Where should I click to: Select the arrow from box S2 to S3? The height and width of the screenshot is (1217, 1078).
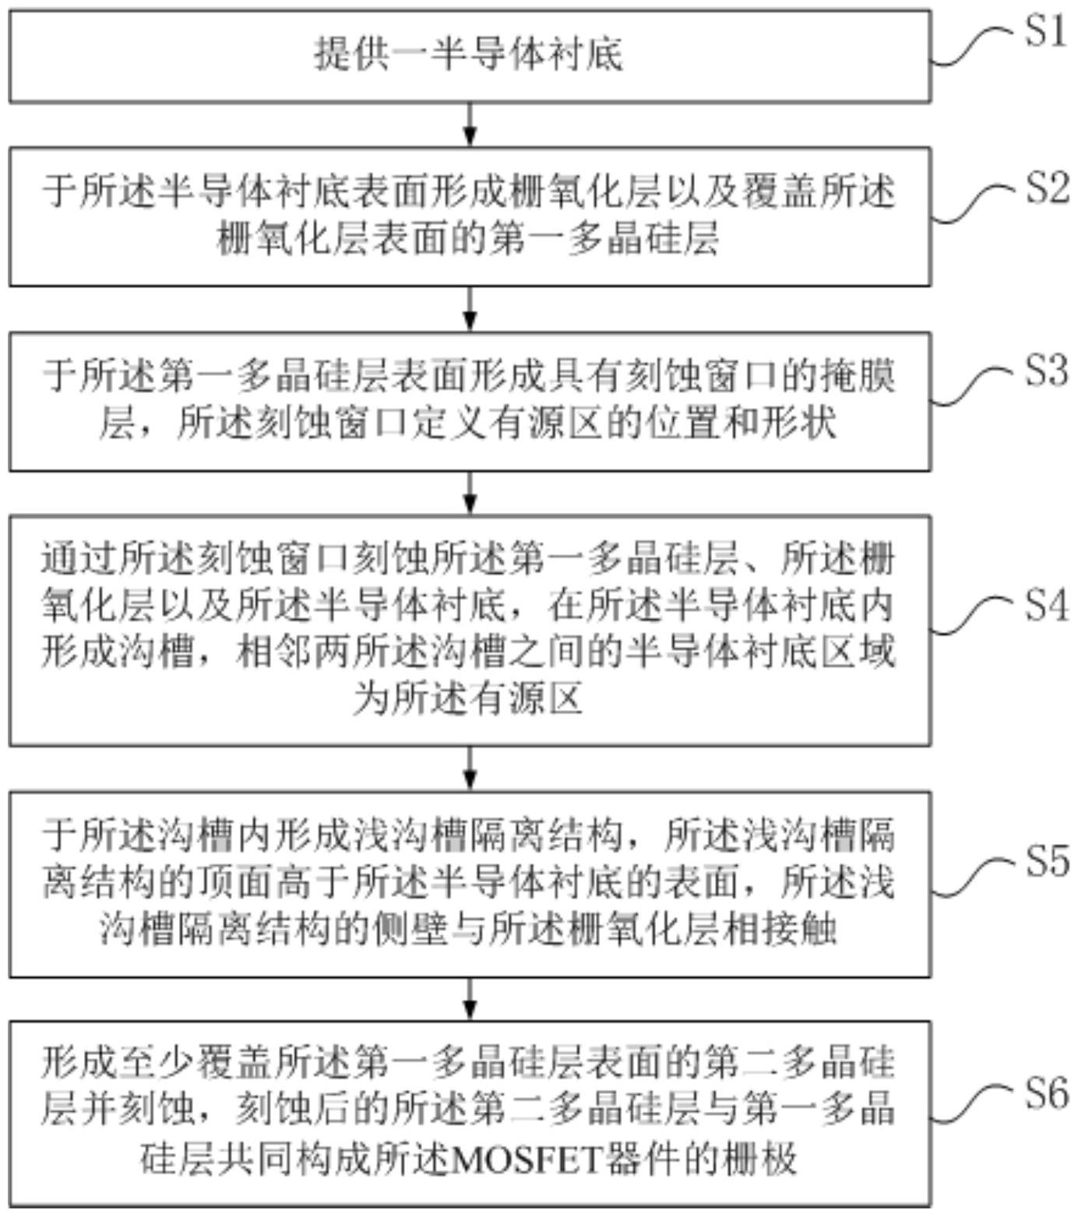click(470, 309)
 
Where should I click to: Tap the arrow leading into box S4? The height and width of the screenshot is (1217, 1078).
click(470, 493)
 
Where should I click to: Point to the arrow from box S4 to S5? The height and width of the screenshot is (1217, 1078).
click(470, 769)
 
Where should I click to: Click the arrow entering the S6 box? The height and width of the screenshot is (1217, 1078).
click(470, 999)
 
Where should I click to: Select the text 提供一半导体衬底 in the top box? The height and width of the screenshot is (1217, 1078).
click(469, 55)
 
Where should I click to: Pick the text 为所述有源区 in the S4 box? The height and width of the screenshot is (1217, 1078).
click(469, 698)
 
